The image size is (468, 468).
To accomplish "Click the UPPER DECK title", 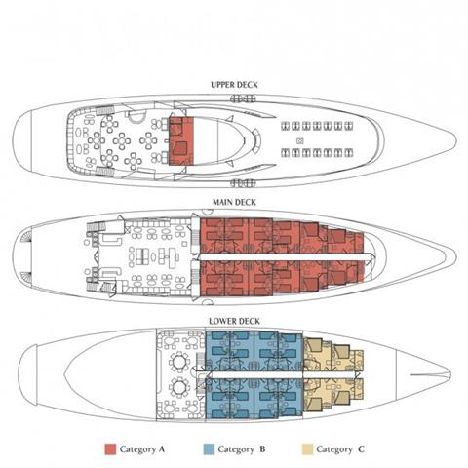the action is pos(234,85).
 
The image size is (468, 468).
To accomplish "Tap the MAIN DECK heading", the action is pos(234,202).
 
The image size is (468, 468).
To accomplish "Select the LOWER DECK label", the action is pos(234,321).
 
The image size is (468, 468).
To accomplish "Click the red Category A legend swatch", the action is pos(110,449).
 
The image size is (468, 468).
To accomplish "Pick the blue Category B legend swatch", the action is pos(209,449).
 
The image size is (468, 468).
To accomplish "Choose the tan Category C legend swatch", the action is pos(307,449).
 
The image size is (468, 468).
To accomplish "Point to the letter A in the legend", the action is pos(162,449).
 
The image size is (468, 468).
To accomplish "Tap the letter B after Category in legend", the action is pos(262,449).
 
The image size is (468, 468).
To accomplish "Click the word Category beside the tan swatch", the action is pos(333,449).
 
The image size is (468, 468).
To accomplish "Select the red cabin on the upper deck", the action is pos(181,140).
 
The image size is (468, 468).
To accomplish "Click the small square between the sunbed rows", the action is pos(300,141).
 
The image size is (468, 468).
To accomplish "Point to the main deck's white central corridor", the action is pos(286,256).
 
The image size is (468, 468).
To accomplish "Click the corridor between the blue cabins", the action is pos(254,375).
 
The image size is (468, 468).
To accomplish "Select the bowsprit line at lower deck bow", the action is pos(430,375).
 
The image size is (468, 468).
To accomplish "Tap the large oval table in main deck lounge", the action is pos(153,256).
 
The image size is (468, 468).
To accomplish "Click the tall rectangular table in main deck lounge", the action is pos(172,255).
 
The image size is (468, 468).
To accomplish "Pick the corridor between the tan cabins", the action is pos(329,375).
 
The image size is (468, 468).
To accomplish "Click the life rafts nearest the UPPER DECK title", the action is pos(243,98).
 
